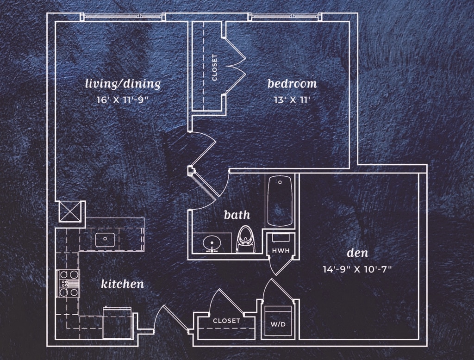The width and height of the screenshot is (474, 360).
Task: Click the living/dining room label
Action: (123, 84)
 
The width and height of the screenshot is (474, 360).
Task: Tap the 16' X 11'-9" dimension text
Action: (123, 99)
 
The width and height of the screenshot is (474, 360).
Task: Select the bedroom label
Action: (292, 84)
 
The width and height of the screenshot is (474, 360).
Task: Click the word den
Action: (357, 253)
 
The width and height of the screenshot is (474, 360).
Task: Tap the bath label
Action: (237, 215)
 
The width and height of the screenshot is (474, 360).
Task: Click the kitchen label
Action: (122, 284)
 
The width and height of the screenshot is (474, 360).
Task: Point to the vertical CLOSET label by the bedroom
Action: (214, 68)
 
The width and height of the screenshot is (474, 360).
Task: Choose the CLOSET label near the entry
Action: (226, 320)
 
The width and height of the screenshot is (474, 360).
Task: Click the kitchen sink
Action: (105, 239)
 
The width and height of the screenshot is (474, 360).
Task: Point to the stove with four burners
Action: (68, 283)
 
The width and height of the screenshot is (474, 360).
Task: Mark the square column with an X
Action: (71, 212)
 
